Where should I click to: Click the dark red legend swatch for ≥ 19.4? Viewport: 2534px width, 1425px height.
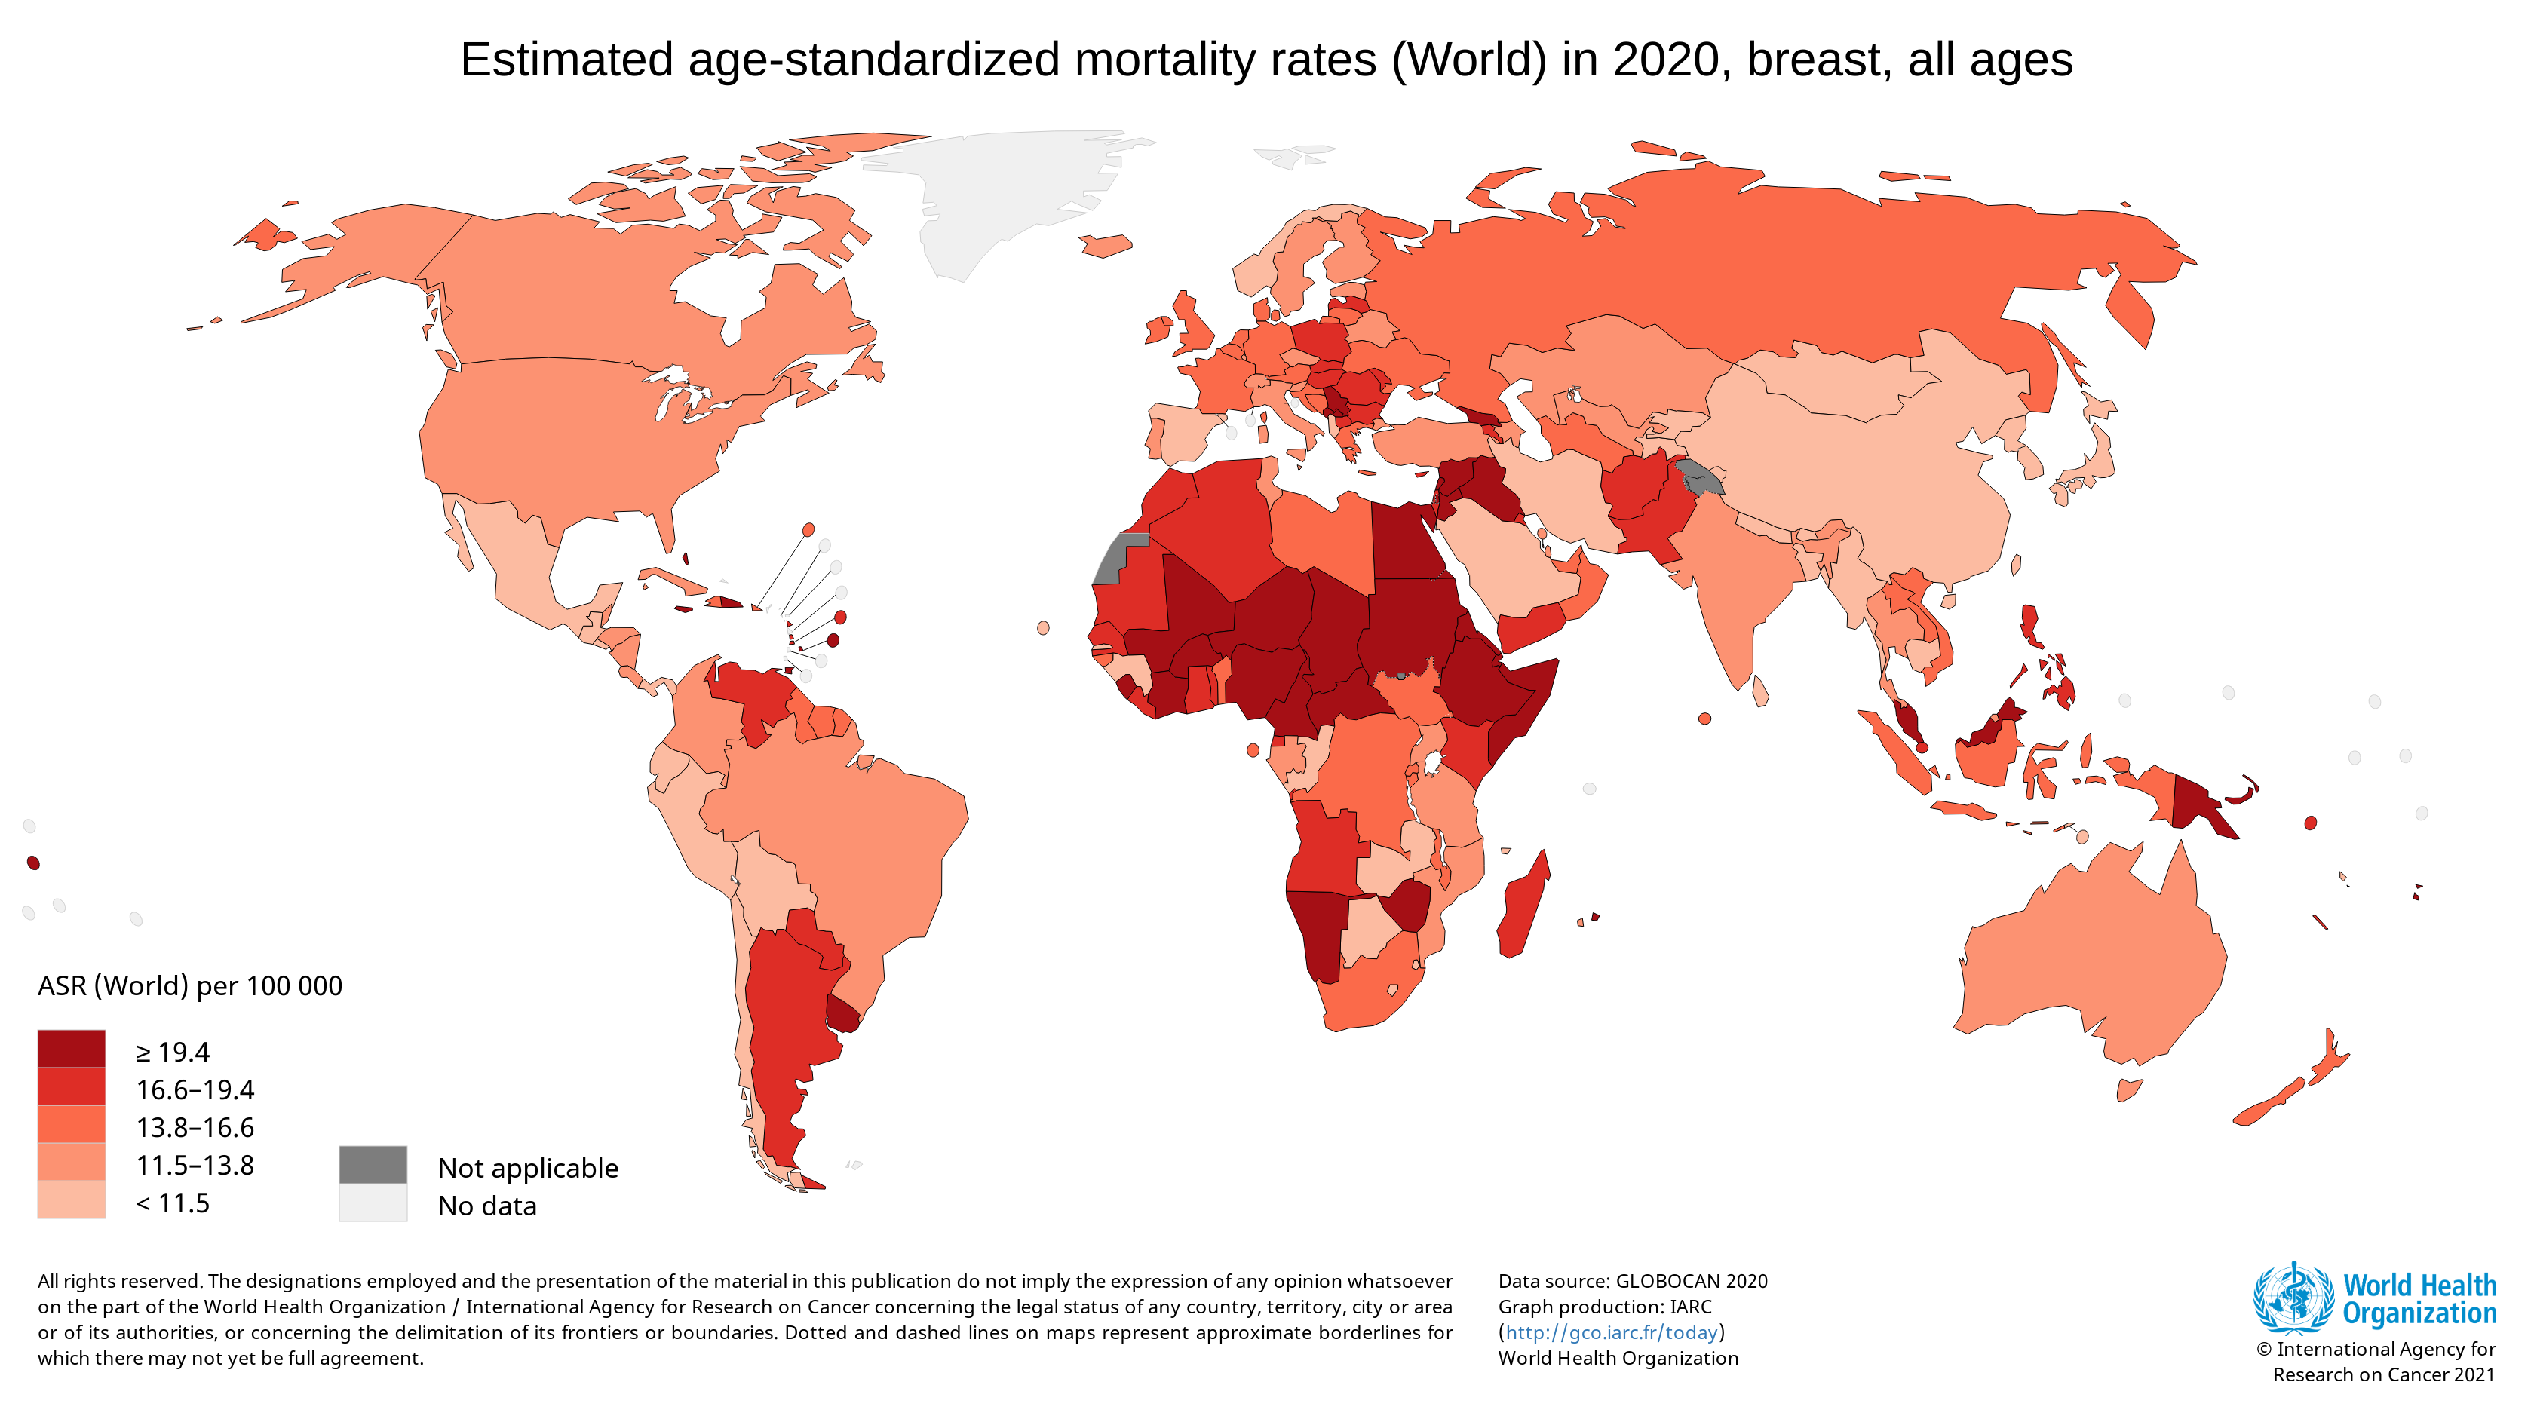(71, 1048)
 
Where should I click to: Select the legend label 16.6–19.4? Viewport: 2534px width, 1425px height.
(195, 1089)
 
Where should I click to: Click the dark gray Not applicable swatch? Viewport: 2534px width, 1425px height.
(373, 1164)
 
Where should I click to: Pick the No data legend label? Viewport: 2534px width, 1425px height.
(487, 1206)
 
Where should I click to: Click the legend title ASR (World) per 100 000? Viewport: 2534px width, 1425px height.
(190, 985)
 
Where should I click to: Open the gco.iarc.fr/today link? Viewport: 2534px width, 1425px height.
(1612, 1332)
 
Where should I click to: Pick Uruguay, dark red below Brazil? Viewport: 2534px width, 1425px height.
(843, 1013)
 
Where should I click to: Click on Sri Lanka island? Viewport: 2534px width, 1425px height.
(1761, 691)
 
